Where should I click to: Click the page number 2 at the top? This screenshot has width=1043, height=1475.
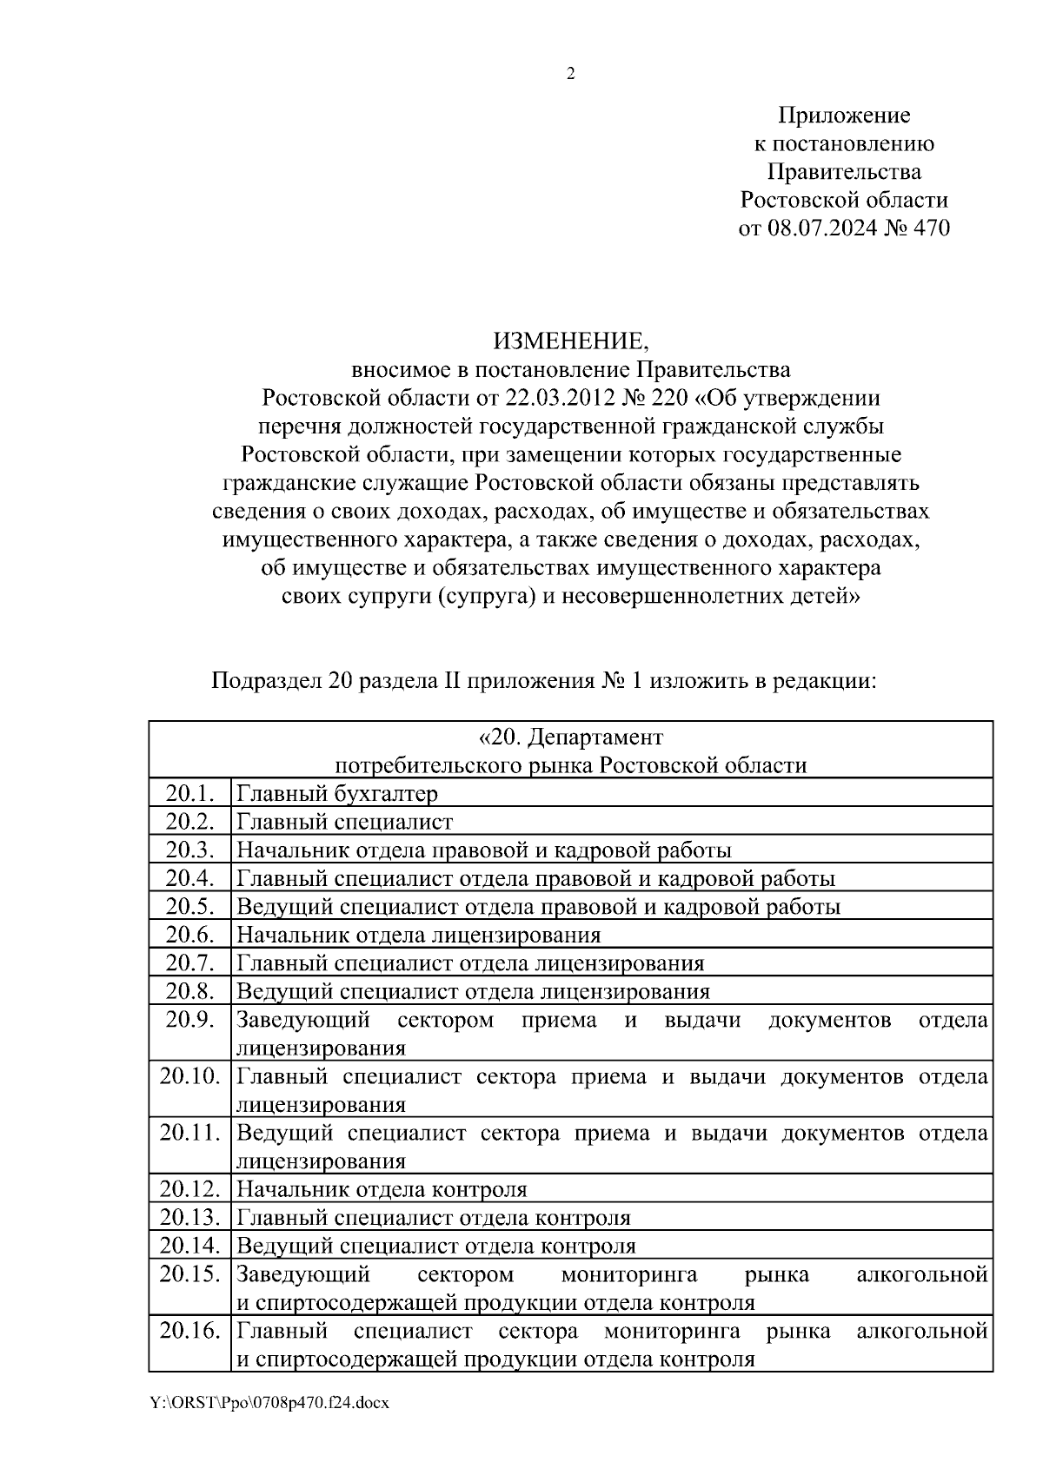point(570,75)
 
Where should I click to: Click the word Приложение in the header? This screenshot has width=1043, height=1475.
point(843,116)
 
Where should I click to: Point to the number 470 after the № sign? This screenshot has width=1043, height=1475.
point(929,228)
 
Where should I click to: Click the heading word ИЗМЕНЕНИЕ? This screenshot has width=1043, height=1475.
point(570,341)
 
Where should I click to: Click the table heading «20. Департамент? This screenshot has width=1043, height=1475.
point(570,737)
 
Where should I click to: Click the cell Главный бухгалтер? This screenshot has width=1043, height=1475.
point(337,793)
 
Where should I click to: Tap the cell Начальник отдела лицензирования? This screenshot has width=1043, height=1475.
point(418,935)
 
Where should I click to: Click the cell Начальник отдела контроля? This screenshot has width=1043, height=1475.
point(382,1189)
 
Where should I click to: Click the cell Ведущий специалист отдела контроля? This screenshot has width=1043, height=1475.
point(435,1247)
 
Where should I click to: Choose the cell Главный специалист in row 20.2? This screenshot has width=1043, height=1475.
point(344,822)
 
